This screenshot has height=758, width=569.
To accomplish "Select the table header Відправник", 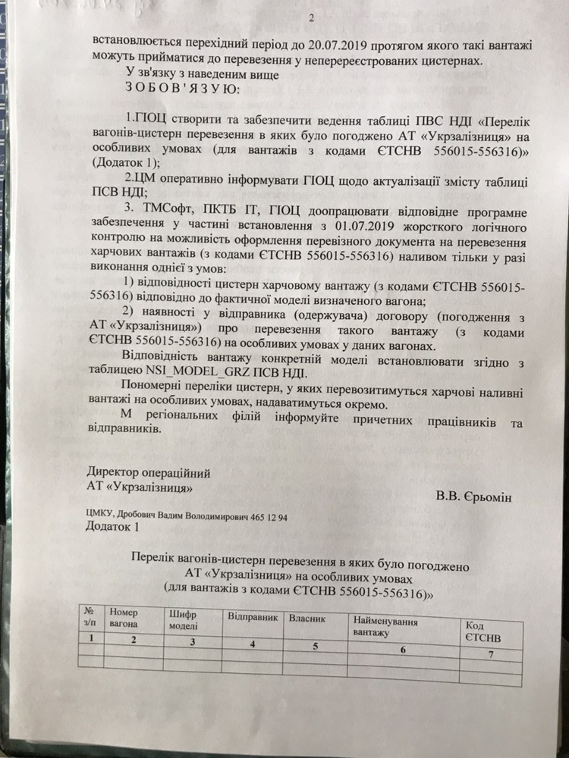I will [x=253, y=617].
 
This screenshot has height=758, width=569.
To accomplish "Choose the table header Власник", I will [x=307, y=619].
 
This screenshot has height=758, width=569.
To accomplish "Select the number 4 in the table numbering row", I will [x=252, y=644].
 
